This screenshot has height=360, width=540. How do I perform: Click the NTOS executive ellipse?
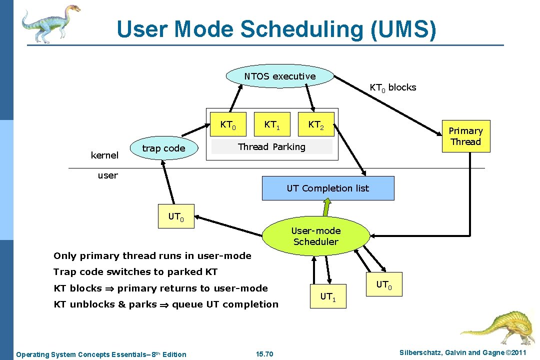click(279, 76)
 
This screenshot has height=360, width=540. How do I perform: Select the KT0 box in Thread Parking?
click(228, 124)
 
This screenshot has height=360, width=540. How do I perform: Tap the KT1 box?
click(271, 124)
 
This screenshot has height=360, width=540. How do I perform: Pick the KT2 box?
click(315, 124)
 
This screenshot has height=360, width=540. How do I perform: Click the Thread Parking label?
click(271, 146)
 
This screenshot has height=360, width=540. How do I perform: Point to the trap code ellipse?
click(163, 148)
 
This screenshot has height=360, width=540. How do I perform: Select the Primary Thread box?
click(465, 136)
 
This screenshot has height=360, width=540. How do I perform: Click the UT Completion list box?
click(327, 188)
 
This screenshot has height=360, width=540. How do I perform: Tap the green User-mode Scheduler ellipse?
click(315, 236)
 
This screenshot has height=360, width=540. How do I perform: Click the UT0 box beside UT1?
click(384, 284)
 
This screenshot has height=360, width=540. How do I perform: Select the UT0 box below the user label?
click(176, 217)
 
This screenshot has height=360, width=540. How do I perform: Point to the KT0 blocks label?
click(392, 87)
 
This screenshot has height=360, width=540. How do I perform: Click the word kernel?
click(104, 155)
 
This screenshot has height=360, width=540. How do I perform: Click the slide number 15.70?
click(264, 354)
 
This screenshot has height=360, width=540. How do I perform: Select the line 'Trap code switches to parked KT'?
click(135, 272)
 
